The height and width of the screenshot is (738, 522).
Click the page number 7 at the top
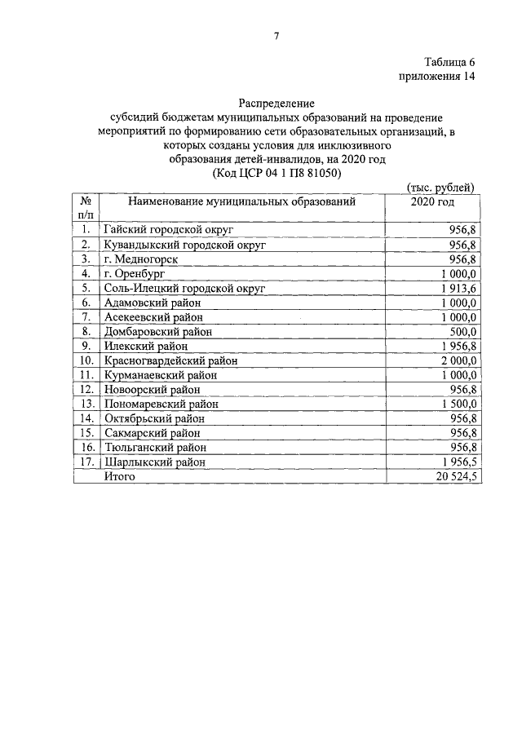[x=276, y=36]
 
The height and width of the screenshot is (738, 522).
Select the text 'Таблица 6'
[x=449, y=63]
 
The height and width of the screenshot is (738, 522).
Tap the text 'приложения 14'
[x=436, y=77]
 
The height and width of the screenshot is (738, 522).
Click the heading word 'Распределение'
[x=276, y=104]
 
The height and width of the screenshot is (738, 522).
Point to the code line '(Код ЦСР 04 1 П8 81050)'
[x=276, y=174]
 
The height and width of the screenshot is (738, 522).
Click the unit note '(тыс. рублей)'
[x=440, y=188]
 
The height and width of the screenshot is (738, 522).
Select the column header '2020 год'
[x=432, y=202]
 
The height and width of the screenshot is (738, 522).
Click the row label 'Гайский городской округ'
[x=169, y=230]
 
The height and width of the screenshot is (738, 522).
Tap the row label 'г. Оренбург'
[x=135, y=273]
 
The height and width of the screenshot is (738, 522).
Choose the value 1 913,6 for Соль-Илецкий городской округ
[x=458, y=288]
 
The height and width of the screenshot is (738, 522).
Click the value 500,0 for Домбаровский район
[x=462, y=332]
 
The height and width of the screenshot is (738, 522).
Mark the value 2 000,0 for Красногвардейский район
[x=458, y=360]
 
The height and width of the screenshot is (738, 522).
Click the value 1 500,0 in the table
[x=458, y=404]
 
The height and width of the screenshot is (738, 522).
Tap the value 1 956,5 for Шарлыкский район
[x=458, y=462]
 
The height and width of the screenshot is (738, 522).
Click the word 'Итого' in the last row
[x=119, y=476]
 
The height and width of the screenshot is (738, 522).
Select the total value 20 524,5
[x=454, y=476]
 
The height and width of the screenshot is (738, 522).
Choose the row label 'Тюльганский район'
[x=155, y=447]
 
